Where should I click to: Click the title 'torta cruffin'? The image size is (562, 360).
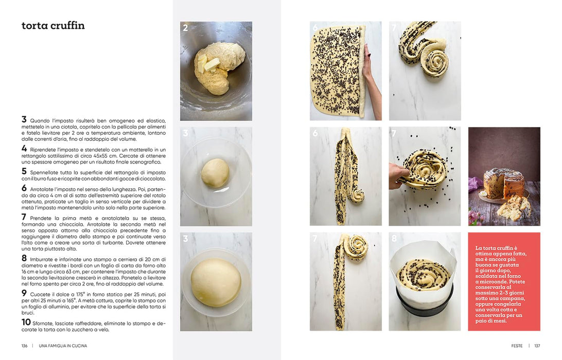tap(53, 25)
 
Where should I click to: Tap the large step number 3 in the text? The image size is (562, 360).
tap(24, 119)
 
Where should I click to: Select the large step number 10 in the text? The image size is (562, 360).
tap(26, 322)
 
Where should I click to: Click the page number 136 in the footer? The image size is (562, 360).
tap(24, 346)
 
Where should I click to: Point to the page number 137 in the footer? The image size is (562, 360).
tap(537, 346)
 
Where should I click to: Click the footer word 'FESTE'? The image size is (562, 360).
tap(517, 346)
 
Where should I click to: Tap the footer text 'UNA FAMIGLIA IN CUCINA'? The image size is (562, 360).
tap(63, 346)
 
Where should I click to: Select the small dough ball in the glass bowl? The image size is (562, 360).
tap(215, 173)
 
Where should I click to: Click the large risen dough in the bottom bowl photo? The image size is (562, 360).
tap(216, 283)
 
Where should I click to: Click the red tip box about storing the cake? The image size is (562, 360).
tap(504, 281)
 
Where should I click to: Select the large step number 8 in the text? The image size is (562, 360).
tap(24, 258)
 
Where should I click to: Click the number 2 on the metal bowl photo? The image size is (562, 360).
tap(185, 28)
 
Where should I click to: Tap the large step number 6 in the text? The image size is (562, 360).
tap(24, 188)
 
